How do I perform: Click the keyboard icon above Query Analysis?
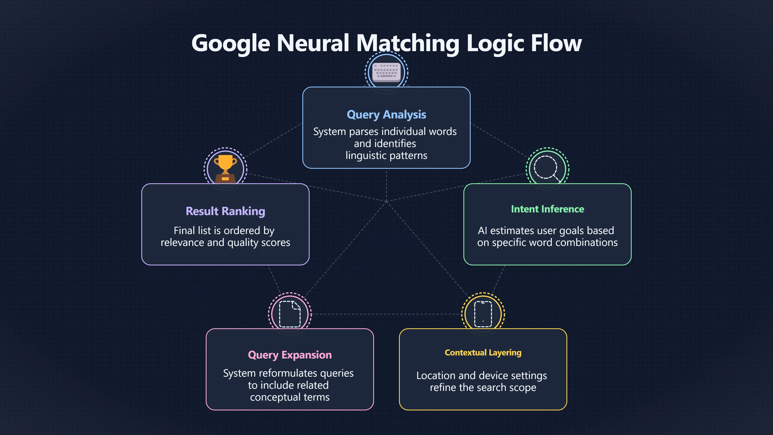coord(386,72)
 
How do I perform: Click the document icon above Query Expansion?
coord(290,314)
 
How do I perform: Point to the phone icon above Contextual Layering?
coord(483,314)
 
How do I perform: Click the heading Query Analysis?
coord(386,115)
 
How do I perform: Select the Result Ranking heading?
coord(225,211)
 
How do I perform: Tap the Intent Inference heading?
coord(547,209)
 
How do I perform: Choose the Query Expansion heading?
coord(290,355)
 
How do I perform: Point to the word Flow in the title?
coord(556,43)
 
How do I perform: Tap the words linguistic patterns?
coord(386,155)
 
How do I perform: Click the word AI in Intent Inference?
coord(483,231)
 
